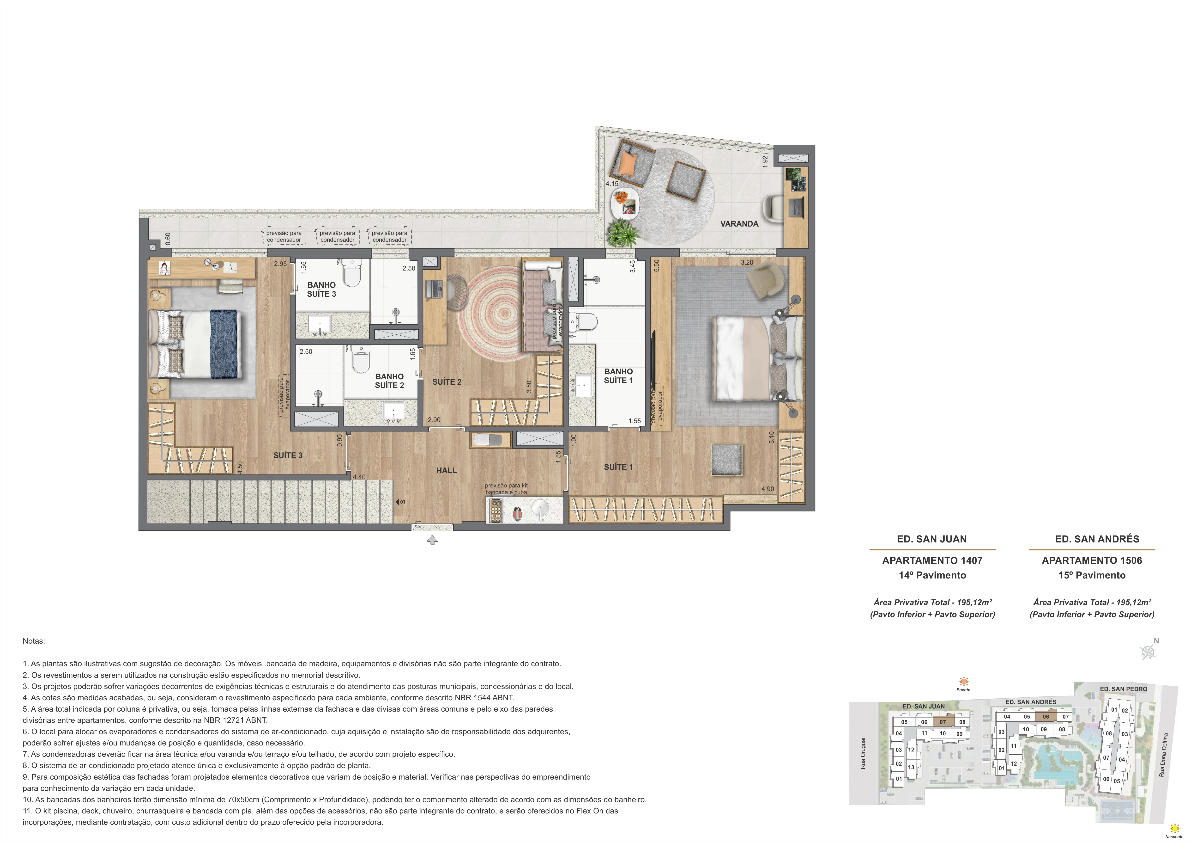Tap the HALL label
[x=446, y=470]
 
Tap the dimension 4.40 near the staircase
[x=359, y=477]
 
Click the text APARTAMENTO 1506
[x=1091, y=560]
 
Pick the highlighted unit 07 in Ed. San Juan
[x=943, y=721]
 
